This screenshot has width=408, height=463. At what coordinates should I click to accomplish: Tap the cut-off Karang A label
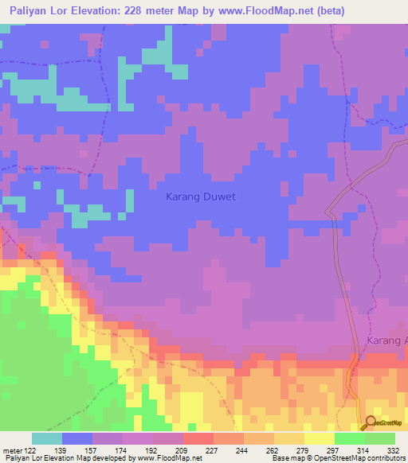(386, 340)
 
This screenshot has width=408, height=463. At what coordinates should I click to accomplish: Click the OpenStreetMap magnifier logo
(371, 422)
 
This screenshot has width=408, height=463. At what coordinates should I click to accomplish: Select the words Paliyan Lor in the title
(37, 11)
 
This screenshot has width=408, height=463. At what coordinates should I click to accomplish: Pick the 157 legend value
(94, 450)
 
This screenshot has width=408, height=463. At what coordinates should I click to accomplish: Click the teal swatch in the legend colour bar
(47, 438)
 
